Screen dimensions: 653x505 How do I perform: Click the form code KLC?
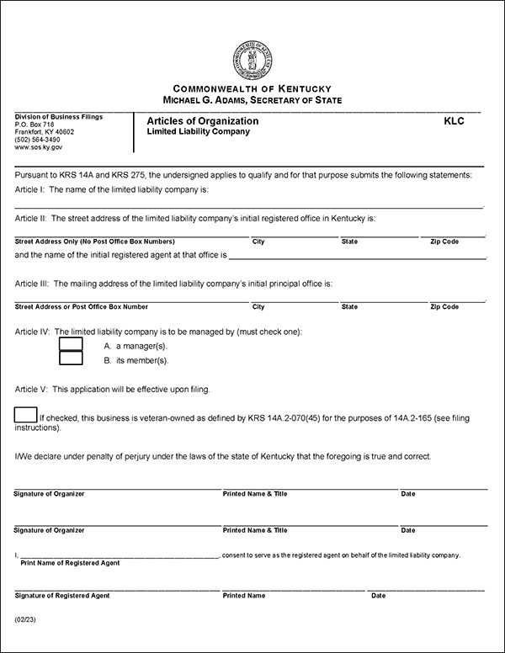click(x=454, y=121)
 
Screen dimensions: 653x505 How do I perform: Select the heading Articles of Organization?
click(x=202, y=121)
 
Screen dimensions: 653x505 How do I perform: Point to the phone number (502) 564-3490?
click(x=39, y=140)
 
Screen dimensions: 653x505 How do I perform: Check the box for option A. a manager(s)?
click(x=71, y=343)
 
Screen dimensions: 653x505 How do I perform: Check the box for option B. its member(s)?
click(x=71, y=358)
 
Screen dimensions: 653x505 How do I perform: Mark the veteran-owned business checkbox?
click(x=26, y=414)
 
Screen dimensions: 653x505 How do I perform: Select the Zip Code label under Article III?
click(x=444, y=307)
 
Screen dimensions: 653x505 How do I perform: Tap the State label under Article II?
click(x=349, y=242)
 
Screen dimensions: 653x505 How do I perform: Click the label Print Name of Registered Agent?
click(x=70, y=563)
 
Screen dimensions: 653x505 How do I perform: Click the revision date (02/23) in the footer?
click(x=25, y=619)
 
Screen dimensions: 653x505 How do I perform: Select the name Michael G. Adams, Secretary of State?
click(x=252, y=100)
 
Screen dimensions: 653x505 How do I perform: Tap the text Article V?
click(x=30, y=390)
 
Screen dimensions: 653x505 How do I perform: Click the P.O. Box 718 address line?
click(x=34, y=125)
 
